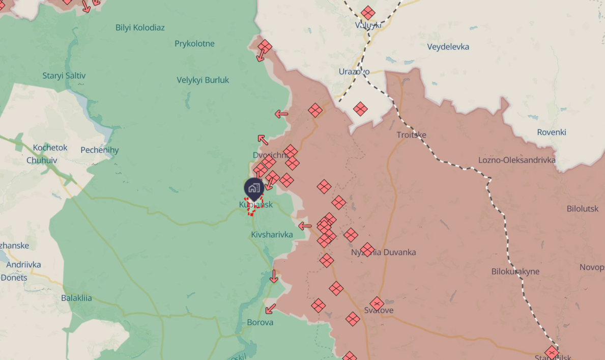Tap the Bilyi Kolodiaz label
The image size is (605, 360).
point(140,27)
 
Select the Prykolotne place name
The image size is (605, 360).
point(194,44)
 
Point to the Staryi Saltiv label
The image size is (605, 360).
point(64,76)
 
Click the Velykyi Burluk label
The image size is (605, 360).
point(203,80)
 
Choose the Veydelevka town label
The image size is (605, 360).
point(448,47)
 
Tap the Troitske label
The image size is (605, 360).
point(411,135)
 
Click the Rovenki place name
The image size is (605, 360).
point(551,132)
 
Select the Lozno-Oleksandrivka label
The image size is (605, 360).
point(516,160)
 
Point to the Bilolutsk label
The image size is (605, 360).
point(583,209)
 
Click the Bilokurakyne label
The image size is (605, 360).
point(515,271)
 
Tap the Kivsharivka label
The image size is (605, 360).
point(272,235)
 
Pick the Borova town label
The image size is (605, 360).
point(260,322)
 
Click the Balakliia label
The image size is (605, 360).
point(76,298)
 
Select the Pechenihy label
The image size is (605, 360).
point(99,150)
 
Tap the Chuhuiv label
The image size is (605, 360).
point(42,160)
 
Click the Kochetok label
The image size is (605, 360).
point(50,148)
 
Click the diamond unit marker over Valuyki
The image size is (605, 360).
point(368,13)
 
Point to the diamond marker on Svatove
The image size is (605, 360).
point(377,303)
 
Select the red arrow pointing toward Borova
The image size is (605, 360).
point(271,309)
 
